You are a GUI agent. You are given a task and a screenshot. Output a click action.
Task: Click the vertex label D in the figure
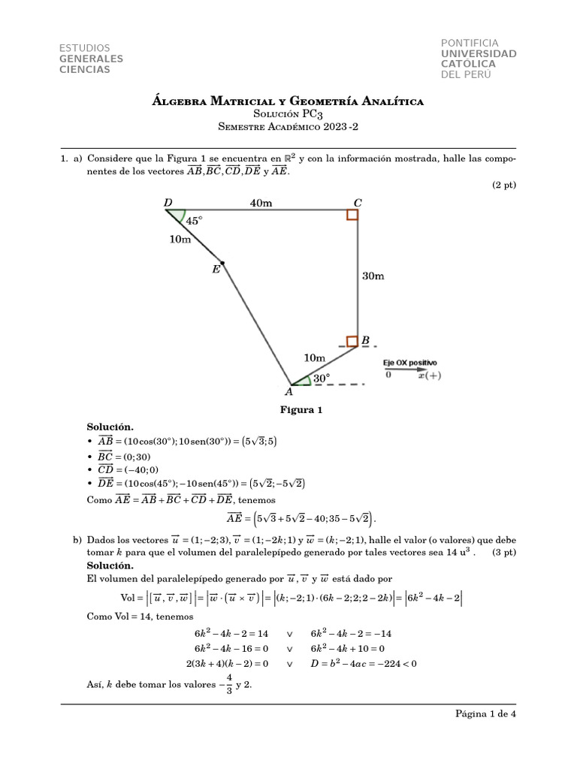[167, 202]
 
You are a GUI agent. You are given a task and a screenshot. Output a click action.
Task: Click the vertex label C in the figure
[358, 202]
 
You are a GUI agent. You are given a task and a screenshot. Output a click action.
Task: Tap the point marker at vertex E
[222, 264]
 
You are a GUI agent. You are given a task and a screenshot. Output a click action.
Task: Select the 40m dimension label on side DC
[261, 202]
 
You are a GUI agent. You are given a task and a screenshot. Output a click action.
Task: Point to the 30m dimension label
[373, 276]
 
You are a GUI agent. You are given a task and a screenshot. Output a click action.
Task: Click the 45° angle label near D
[195, 221]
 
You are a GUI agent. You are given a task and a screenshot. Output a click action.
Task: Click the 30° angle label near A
[322, 379]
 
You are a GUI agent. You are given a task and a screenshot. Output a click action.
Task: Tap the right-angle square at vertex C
[352, 216]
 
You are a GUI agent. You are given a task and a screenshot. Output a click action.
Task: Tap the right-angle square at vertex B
[352, 342]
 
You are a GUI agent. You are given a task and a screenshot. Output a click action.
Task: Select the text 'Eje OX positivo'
[410, 363]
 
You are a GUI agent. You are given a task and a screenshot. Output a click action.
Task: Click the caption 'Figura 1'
[301, 410]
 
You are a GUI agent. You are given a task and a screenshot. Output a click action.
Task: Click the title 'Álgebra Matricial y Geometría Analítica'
[288, 101]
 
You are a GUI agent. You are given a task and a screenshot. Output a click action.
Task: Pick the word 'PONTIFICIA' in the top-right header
[470, 44]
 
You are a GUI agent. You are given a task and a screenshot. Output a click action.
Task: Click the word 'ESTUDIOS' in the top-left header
[84, 48]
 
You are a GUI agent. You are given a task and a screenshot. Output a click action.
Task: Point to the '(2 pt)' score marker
[505, 185]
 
